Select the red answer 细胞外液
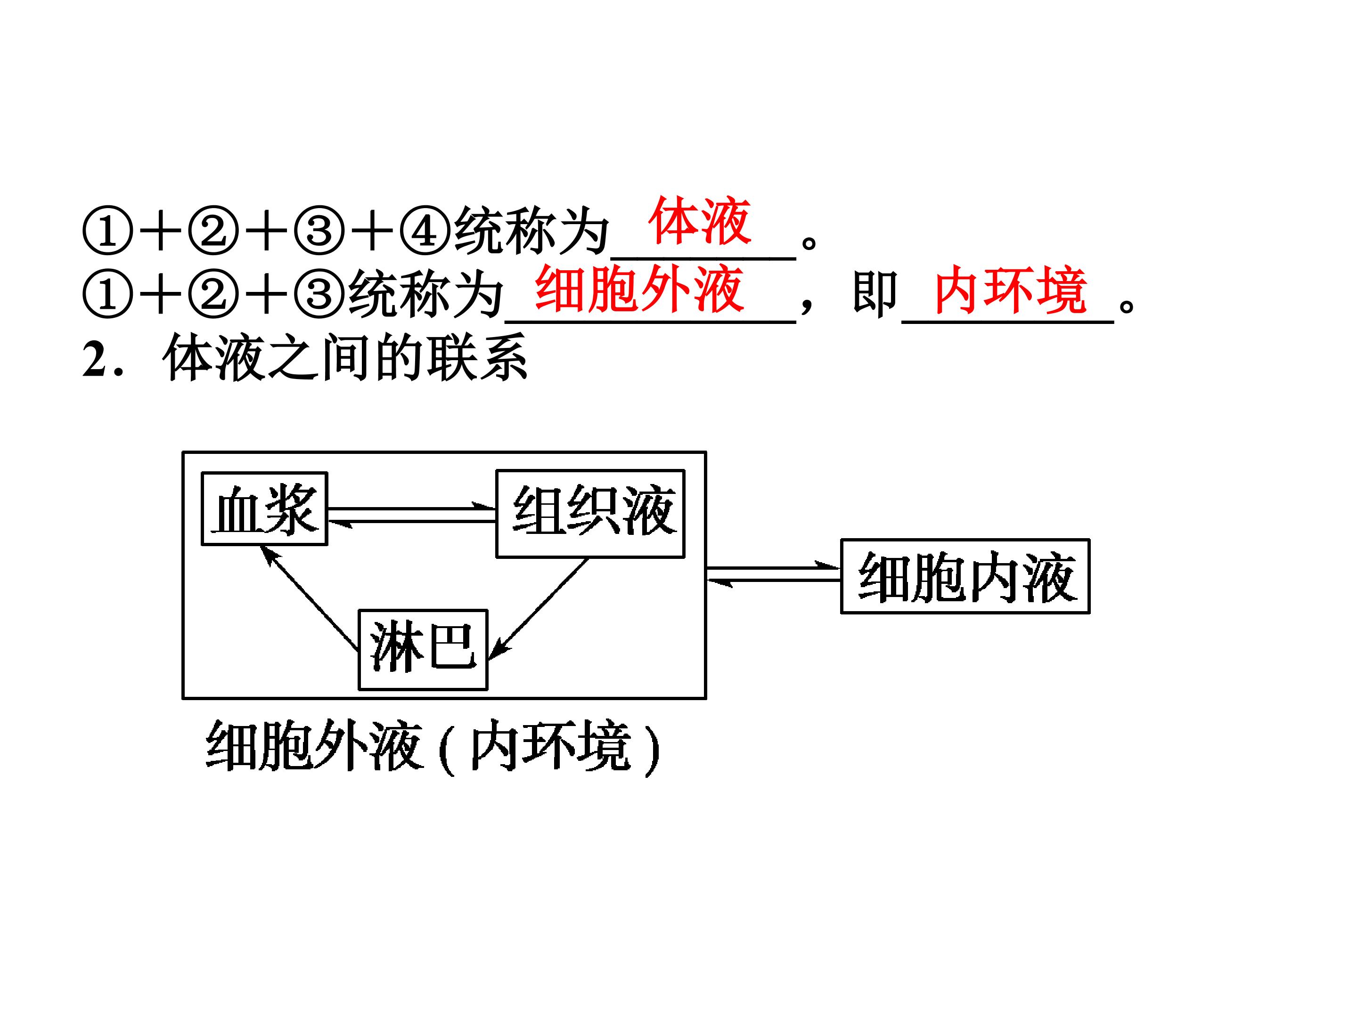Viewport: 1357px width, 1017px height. [640, 290]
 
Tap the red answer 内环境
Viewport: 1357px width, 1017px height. [1010, 290]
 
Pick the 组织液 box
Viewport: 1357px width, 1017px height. [590, 514]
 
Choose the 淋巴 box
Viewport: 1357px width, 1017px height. [423, 650]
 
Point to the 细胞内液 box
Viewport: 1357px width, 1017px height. [965, 576]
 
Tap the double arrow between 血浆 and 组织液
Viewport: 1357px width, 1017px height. [412, 515]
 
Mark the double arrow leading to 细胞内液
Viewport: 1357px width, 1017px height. [773, 575]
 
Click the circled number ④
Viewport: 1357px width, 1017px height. [425, 232]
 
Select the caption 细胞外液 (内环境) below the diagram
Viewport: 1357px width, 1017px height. [433, 746]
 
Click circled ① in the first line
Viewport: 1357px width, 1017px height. [107, 232]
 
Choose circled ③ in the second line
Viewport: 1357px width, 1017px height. [319, 294]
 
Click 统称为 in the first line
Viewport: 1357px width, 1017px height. [531, 232]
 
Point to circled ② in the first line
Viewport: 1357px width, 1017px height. [213, 232]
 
